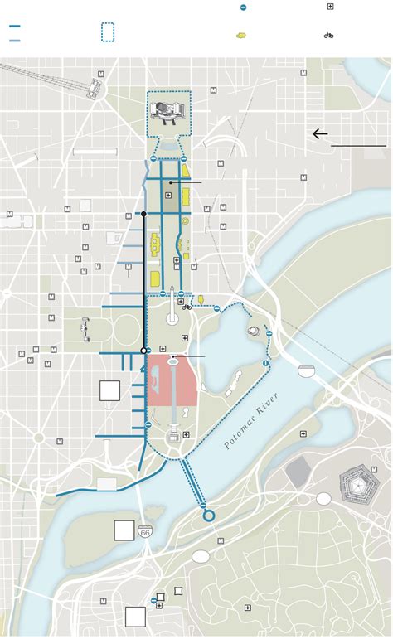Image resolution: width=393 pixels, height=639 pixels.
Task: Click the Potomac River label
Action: (252, 422)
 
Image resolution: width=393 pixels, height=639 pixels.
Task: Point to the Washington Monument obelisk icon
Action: (172, 305)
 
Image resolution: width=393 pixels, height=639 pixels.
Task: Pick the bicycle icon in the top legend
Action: (329, 36)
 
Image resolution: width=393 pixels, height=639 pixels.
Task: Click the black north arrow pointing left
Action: (320, 134)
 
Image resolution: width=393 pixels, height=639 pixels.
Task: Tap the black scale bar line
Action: (359, 146)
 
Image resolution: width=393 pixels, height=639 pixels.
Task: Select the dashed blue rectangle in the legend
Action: (108, 32)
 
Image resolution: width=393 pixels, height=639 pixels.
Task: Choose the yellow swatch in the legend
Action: (242, 36)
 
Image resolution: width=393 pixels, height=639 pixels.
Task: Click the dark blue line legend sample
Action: (15, 27)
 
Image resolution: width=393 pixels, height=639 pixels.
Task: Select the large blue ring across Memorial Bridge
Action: (209, 516)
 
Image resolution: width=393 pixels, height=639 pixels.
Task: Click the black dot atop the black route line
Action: (143, 214)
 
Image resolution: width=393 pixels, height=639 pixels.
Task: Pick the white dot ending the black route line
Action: (143, 351)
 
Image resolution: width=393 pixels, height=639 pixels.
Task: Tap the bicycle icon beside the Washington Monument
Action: (187, 307)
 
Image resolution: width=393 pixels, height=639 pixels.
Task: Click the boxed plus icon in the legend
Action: (330, 7)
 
